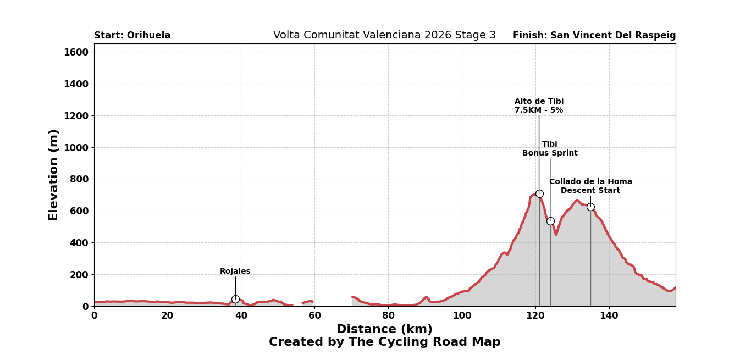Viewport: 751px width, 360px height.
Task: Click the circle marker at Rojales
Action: coord(235,299)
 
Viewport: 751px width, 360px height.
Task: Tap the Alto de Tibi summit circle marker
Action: coord(539,193)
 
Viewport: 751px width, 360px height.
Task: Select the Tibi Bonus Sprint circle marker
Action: coord(550,221)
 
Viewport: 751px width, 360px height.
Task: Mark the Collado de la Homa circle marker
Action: coord(590,207)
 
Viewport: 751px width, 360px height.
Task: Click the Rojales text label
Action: coord(235,272)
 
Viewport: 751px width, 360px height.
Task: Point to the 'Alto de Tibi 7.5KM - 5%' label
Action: coord(539,106)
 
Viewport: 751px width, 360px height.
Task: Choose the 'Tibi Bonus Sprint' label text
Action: coord(550,149)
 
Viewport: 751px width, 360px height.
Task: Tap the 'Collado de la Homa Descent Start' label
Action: coord(590,186)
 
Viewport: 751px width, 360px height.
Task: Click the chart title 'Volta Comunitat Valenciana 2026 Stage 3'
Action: coord(384,35)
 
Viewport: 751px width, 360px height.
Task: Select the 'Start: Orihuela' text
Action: coord(132,36)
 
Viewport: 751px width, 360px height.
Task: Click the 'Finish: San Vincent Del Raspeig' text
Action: coord(594,36)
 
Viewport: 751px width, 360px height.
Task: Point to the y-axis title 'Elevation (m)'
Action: coord(53,175)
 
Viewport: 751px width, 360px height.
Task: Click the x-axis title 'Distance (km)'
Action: coord(384,329)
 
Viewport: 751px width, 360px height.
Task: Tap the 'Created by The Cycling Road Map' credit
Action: coord(384,342)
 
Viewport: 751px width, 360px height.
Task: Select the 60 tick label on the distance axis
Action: coord(314,315)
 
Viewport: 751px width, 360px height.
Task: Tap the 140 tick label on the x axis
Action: coord(609,315)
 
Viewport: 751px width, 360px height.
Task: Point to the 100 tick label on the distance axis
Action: coord(462,315)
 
